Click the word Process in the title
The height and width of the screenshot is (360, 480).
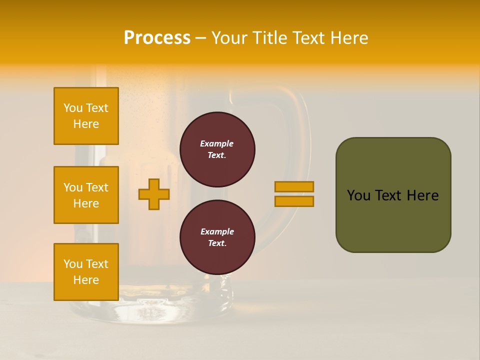pyautogui.click(x=157, y=38)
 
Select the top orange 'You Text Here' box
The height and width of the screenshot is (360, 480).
pyautogui.click(x=86, y=116)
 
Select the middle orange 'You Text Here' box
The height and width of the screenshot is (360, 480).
pyautogui.click(x=86, y=195)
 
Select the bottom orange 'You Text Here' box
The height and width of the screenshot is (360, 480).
pyautogui.click(x=86, y=272)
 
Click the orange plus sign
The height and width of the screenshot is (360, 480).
pyautogui.click(x=154, y=194)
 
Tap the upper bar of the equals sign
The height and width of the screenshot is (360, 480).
pyautogui.click(x=294, y=186)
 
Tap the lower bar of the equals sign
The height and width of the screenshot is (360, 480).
pyautogui.click(x=294, y=201)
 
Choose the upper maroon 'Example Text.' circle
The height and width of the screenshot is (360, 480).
pyautogui.click(x=217, y=149)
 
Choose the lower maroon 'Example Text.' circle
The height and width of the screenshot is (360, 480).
pyautogui.click(x=217, y=237)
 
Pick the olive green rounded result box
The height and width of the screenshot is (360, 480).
pyautogui.click(x=393, y=195)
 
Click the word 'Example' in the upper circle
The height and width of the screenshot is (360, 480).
pyautogui.click(x=216, y=143)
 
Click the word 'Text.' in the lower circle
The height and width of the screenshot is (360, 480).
pyautogui.click(x=217, y=243)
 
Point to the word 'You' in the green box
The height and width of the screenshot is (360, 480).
pyautogui.click(x=359, y=195)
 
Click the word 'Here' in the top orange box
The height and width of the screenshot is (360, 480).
pyautogui.click(x=86, y=124)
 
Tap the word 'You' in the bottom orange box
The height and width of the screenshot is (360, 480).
pyautogui.click(x=72, y=264)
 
